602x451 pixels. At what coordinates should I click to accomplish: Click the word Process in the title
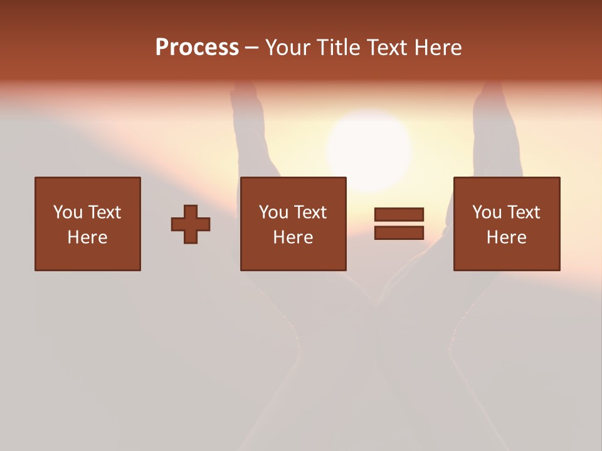click(197, 48)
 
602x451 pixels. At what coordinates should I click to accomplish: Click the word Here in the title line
click(440, 48)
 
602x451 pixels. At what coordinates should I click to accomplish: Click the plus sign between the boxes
click(191, 224)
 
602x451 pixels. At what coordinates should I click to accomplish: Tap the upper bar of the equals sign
click(399, 214)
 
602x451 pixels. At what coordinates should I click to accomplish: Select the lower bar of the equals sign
click(399, 233)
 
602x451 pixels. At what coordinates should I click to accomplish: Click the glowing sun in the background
click(370, 147)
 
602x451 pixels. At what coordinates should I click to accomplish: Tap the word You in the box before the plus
click(68, 212)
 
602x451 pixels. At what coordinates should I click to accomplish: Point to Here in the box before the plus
click(88, 237)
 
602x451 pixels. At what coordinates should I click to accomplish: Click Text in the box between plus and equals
click(310, 212)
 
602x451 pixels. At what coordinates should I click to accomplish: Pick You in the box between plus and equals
click(273, 212)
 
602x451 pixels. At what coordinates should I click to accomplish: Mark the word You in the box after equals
click(487, 212)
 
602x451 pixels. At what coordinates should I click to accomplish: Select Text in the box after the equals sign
click(524, 212)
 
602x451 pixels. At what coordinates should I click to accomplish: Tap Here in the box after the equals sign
click(507, 237)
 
